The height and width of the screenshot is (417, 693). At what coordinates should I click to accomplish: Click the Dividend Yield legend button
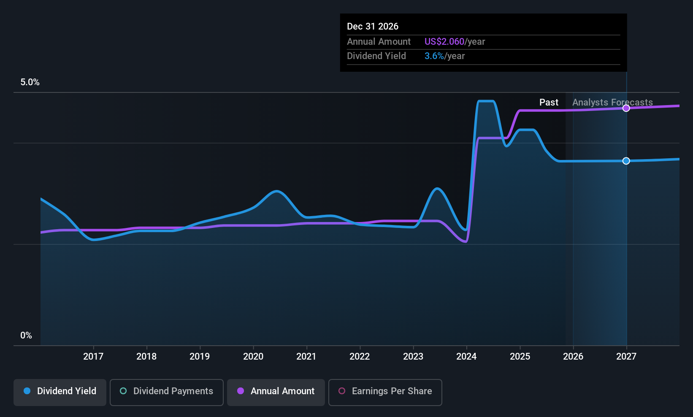(60, 391)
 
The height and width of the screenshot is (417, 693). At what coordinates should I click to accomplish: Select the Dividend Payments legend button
(166, 391)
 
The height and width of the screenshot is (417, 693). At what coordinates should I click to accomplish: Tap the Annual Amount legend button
(276, 391)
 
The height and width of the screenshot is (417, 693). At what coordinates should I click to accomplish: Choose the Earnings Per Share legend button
(385, 391)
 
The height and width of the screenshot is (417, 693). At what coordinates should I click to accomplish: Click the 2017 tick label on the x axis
(93, 357)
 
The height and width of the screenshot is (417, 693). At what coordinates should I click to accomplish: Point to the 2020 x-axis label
(253, 357)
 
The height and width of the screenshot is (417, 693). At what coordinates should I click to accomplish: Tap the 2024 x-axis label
(466, 357)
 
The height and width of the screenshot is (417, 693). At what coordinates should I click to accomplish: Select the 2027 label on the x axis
(626, 357)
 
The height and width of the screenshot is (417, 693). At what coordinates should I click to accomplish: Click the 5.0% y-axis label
(30, 82)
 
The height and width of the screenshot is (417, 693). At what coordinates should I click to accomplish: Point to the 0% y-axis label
(26, 336)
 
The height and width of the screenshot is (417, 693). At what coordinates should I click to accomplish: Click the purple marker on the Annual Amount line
(626, 108)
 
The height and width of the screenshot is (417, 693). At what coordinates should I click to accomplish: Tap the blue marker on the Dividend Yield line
(626, 161)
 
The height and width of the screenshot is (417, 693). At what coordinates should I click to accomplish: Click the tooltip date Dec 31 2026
(373, 27)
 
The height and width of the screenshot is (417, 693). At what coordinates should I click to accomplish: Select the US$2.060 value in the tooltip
(444, 42)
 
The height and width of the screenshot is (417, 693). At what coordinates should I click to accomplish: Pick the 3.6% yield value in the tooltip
(434, 56)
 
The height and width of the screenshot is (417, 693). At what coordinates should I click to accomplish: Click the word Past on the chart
(549, 103)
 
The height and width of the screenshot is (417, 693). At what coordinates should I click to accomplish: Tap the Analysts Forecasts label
(612, 103)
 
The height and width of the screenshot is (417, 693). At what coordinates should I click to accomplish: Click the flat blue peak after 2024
(485, 101)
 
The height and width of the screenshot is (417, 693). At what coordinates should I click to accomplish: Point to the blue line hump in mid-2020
(276, 191)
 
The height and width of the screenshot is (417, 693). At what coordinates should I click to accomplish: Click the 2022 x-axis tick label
(360, 357)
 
